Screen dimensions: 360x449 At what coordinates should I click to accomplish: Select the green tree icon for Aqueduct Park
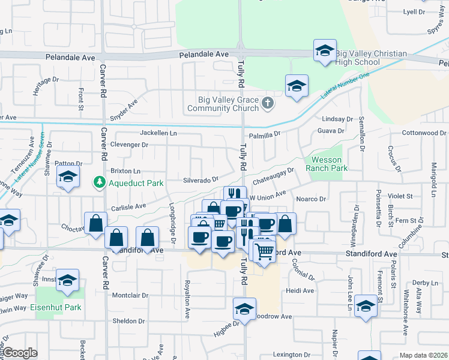point(98,182)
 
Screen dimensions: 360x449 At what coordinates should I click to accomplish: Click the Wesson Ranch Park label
point(326,164)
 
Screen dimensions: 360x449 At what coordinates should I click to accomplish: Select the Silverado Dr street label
point(200,180)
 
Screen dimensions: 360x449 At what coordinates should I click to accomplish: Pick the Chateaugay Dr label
point(274,175)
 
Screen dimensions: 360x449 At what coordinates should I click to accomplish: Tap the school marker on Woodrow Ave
point(244,310)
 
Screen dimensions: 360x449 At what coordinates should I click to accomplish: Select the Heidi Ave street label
point(300,291)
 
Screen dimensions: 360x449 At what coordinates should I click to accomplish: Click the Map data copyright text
point(423,355)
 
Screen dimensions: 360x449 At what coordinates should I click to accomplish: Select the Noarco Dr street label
point(310,199)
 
